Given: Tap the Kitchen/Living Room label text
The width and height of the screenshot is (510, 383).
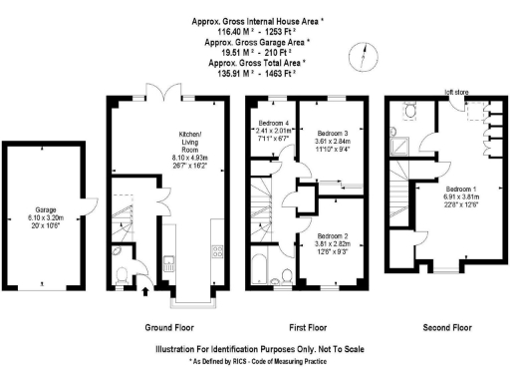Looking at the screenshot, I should [189, 140].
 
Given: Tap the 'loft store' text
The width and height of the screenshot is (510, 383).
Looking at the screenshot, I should [456, 91].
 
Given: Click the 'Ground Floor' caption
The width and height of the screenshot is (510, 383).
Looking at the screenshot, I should [167, 326].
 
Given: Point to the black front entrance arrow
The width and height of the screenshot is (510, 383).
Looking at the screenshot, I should [147, 291].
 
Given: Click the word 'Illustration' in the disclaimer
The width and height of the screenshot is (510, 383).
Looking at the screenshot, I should [180, 349].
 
